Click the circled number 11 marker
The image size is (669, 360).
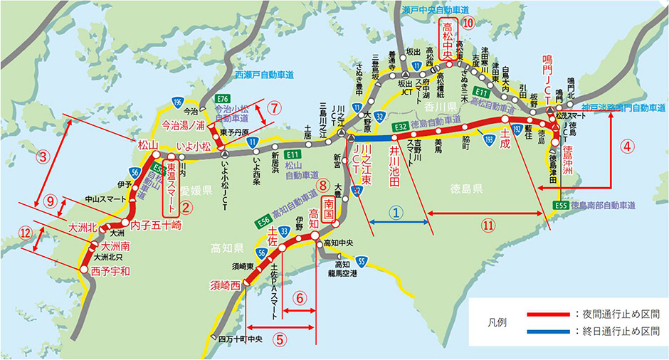point(488,225)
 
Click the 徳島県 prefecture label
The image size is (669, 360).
point(467,189)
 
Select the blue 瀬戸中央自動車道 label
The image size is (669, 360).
point(436,11)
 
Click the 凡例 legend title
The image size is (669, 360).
point(500,322)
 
